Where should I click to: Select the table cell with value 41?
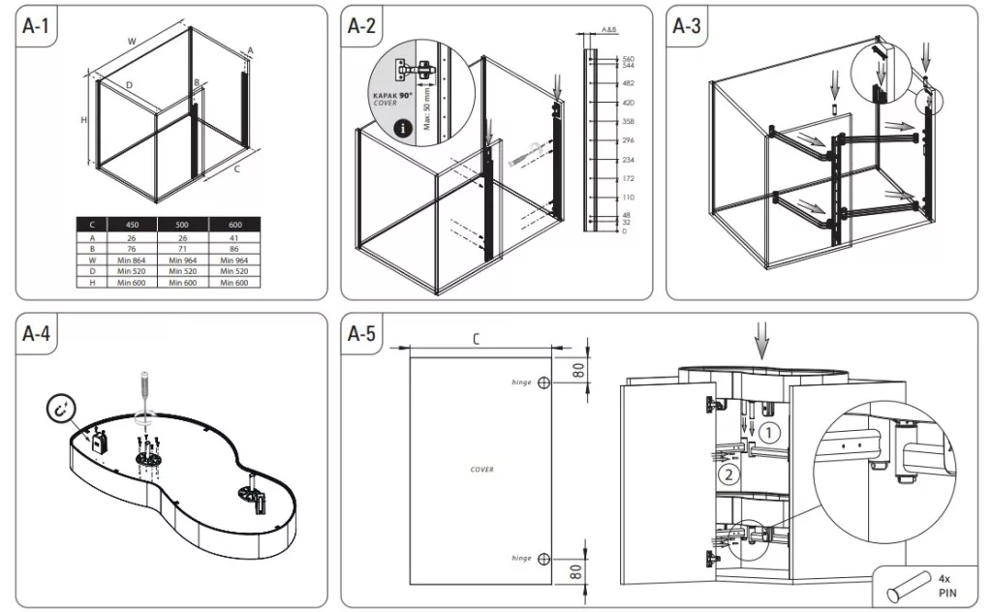coord(233,235)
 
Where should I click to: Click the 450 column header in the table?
coord(133,224)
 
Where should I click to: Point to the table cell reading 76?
coord(133,248)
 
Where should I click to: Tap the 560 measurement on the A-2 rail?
coord(627,58)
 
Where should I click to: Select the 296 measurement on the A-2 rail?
coord(627,140)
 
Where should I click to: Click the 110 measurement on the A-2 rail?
coord(627,198)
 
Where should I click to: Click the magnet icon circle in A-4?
coord(62,411)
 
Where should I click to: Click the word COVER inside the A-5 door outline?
coord(481,470)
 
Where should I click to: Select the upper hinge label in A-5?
coord(522,382)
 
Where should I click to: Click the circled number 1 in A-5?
coord(767,432)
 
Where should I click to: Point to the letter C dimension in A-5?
coord(477,338)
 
